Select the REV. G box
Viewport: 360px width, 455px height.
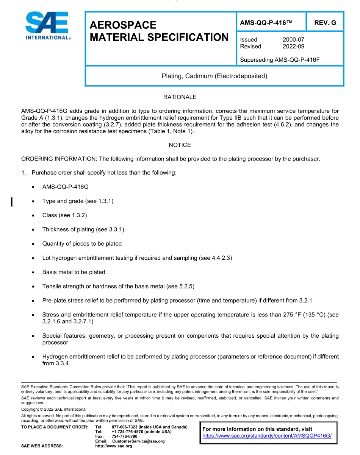(325, 23)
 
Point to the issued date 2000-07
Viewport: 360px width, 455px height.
(293, 39)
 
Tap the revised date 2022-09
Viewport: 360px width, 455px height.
(293, 46)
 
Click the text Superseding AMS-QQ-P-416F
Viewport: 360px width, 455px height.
(280, 60)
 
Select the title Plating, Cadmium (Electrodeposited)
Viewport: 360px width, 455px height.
(214, 76)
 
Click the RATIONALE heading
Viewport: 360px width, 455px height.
(180, 97)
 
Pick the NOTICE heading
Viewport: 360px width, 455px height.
(180, 145)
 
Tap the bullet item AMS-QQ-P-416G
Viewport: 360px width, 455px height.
(65, 187)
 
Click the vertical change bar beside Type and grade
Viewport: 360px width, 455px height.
(12, 201)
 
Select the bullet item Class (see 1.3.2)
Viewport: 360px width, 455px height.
(64, 215)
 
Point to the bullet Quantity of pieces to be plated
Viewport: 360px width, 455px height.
(82, 244)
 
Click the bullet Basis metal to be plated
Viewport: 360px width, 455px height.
(74, 272)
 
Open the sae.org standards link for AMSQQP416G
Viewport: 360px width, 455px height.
(267, 436)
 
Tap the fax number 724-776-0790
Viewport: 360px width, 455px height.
(122, 436)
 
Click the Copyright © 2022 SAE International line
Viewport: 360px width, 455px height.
(54, 409)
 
